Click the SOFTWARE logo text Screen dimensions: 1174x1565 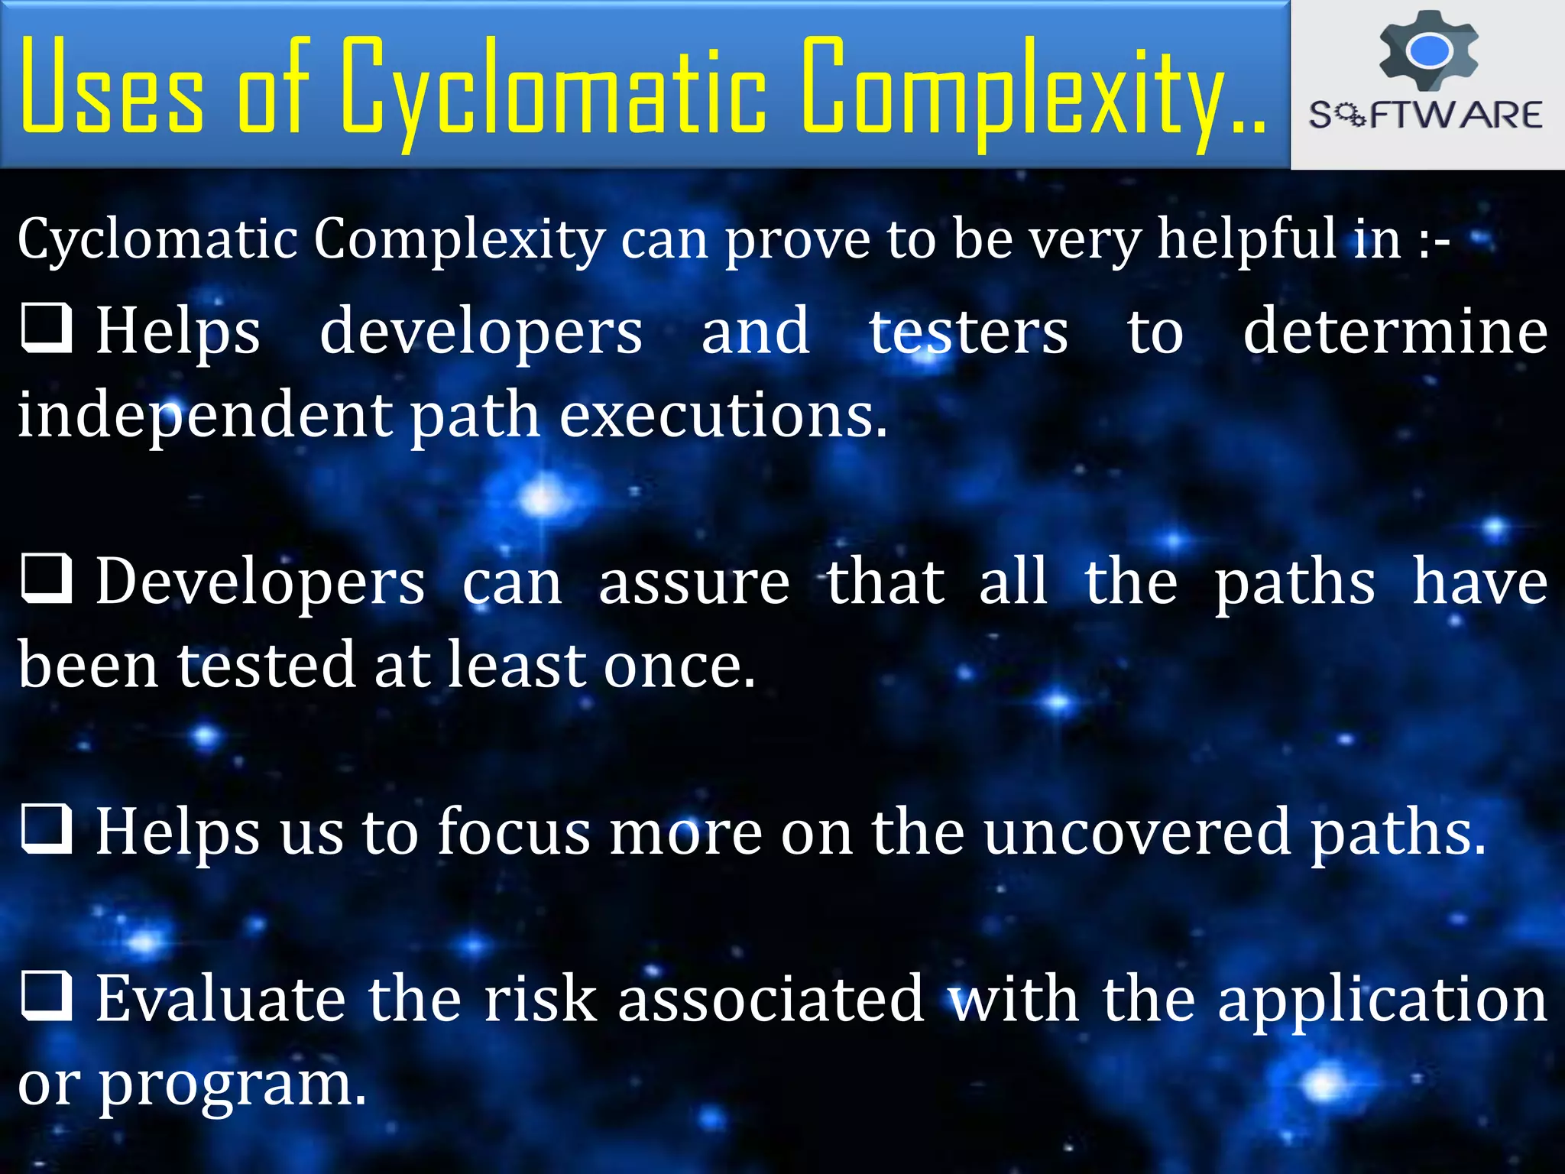point(1426,115)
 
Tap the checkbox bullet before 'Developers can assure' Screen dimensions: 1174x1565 point(47,579)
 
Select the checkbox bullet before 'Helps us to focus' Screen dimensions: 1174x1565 point(47,829)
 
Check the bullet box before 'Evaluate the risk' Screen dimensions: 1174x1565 point(47,996)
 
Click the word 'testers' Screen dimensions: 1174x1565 point(968,332)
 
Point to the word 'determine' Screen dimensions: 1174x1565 point(1395,332)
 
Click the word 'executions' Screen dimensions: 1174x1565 point(723,415)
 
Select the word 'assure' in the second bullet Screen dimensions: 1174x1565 point(694,582)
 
